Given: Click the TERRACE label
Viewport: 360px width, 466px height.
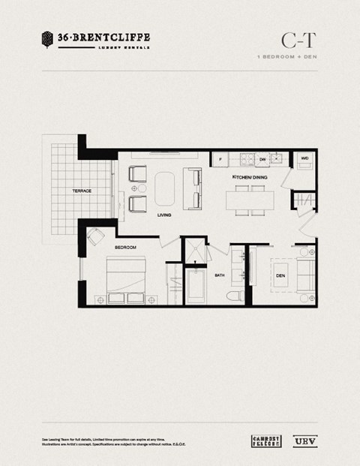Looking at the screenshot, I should point(82,191).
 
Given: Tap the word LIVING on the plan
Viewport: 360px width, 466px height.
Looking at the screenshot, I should point(164,215).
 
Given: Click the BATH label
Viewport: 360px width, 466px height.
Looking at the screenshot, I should point(220,275).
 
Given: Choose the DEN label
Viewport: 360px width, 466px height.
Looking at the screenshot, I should point(280,275).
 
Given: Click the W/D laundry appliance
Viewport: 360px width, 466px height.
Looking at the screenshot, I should point(305,159).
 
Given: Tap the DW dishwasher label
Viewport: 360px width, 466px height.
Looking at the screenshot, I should point(262,159).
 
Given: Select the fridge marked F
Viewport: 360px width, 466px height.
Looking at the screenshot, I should point(220,159).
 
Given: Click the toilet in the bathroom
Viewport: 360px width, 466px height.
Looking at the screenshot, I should point(236,295).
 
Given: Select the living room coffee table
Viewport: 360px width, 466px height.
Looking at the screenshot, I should point(164,188).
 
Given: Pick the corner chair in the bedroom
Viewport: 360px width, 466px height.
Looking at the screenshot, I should point(95,237).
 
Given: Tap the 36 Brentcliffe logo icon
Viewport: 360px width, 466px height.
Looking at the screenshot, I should point(47,38).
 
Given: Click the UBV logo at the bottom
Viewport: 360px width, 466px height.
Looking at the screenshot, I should point(304,440).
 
